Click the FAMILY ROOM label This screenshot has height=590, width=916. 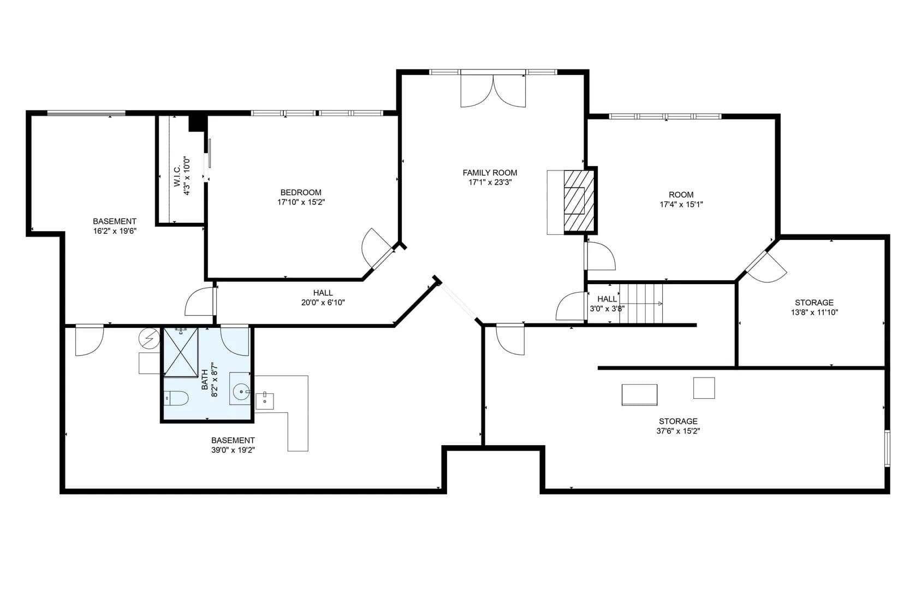[490, 173]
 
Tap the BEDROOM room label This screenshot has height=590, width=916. [301, 192]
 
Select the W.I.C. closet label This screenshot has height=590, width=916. [177, 176]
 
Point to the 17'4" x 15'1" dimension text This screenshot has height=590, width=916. [681, 204]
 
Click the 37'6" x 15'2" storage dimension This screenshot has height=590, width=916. [679, 431]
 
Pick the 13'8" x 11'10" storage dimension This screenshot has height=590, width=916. [814, 312]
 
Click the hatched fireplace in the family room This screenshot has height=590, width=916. [579, 200]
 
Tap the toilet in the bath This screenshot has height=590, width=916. [176, 398]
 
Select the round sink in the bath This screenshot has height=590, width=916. [241, 392]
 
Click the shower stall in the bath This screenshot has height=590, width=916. [181, 351]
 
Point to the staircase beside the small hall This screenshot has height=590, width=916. [641, 304]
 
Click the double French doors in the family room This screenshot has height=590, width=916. [493, 91]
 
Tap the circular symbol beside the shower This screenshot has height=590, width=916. [150, 338]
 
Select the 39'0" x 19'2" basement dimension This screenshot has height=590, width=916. [233, 450]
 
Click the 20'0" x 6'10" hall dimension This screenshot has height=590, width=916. [323, 303]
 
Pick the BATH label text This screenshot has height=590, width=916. [205, 380]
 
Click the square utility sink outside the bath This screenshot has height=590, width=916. [265, 401]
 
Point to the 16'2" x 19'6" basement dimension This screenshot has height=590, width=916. [115, 231]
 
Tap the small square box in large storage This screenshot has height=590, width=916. [704, 388]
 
